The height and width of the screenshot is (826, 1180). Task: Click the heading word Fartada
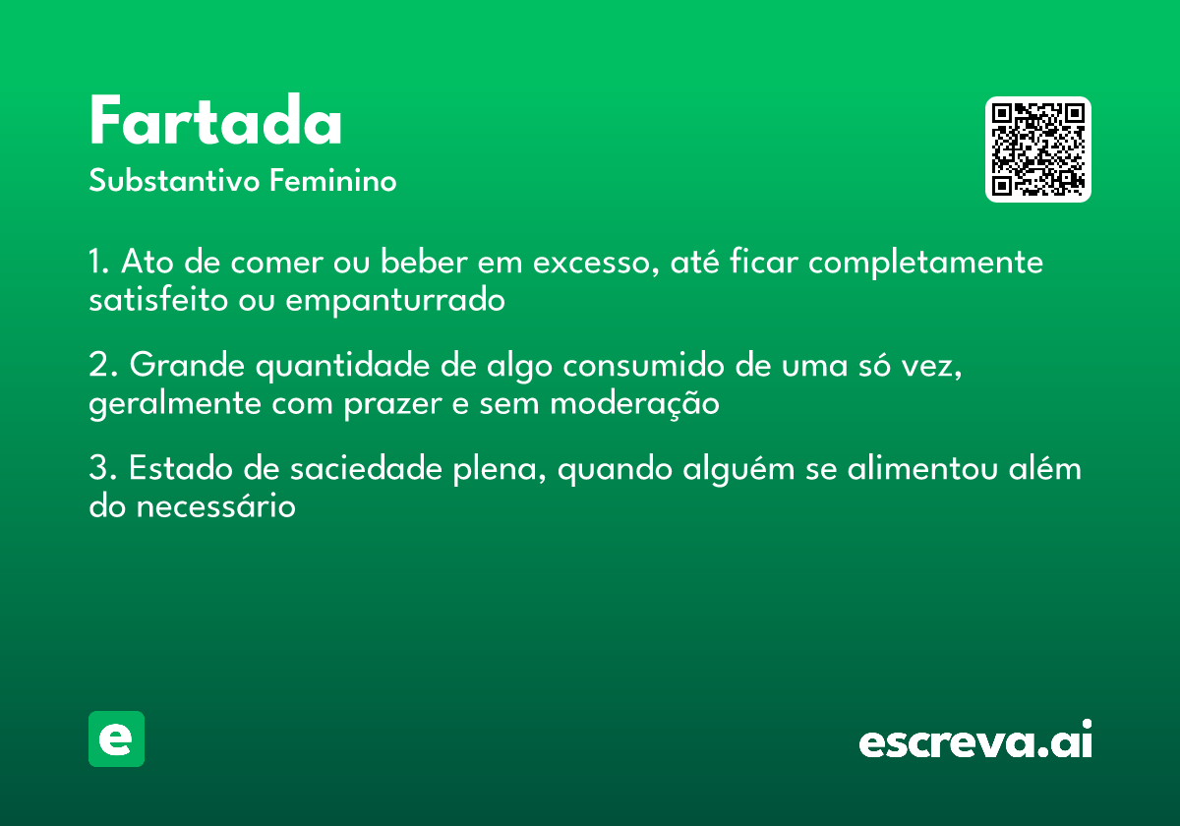coord(215,123)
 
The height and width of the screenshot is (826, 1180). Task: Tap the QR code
coord(1038,149)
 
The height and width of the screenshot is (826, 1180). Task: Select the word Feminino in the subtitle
coord(333,181)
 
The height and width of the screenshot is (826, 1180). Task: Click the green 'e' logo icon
coord(116,738)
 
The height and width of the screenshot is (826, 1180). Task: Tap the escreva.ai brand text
coord(975,740)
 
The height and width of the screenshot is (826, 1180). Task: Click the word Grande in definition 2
coord(186,367)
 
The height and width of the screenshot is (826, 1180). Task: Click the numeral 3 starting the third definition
coord(97,470)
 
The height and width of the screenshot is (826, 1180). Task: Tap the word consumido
coord(630,367)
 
